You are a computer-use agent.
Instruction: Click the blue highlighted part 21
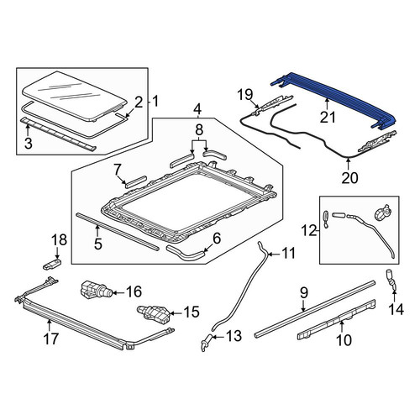[333, 97]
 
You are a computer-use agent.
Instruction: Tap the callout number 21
[328, 117]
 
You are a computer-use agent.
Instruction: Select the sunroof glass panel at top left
[74, 96]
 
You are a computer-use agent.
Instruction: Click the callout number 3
[29, 144]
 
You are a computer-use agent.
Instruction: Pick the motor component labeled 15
[153, 314]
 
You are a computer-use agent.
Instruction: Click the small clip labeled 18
[52, 264]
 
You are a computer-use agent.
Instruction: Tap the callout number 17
[51, 339]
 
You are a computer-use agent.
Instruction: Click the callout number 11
[288, 253]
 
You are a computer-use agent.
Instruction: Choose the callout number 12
[309, 231]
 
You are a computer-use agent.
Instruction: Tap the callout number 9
[304, 293]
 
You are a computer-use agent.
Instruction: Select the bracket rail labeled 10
[336, 318]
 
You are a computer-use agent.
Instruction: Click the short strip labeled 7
[135, 181]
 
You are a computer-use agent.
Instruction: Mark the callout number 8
[199, 130]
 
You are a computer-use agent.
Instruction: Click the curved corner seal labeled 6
[186, 254]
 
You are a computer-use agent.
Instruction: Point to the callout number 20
[349, 177]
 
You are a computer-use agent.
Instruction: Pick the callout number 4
[197, 108]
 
